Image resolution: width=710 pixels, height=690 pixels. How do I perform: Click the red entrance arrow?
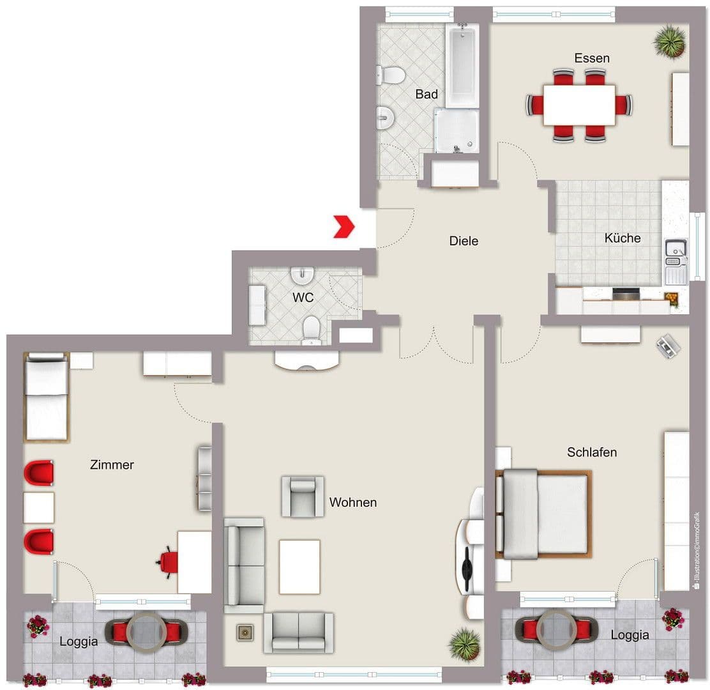pyautogui.click(x=344, y=227)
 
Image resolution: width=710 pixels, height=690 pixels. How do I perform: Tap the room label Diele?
pyautogui.click(x=464, y=241)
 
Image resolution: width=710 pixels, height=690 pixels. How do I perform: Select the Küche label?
pyautogui.click(x=622, y=238)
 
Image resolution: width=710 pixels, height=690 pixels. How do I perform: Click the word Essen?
pyautogui.click(x=591, y=58)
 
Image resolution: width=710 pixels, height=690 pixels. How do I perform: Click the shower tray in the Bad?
pyautogui.click(x=456, y=131)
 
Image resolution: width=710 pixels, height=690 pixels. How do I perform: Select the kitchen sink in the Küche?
pyautogui.click(x=674, y=250)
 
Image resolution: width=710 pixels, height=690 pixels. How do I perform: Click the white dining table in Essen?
pyautogui.click(x=579, y=105)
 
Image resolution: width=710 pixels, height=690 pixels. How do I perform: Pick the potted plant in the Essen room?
pyautogui.click(x=670, y=41)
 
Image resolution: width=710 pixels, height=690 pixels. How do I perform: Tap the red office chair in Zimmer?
pyautogui.click(x=169, y=562)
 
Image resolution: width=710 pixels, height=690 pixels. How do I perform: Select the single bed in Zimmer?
pyautogui.click(x=46, y=397)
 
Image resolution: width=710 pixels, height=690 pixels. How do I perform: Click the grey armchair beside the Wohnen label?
pyautogui.click(x=303, y=496)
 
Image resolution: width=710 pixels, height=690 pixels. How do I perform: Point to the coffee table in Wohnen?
pyautogui.click(x=299, y=566)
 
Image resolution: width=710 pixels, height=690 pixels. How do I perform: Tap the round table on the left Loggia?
pyautogui.click(x=147, y=630)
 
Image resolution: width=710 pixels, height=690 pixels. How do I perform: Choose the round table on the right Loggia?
pyautogui.click(x=555, y=629)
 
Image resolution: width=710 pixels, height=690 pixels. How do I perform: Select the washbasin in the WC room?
pyautogui.click(x=301, y=275)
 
